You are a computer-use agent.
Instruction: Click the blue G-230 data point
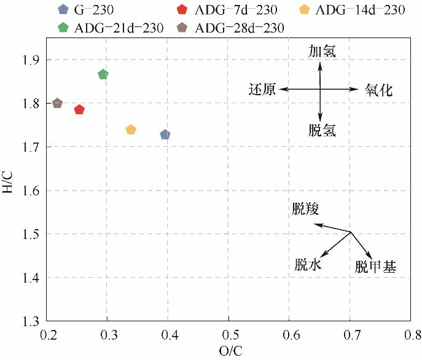coord(165,135)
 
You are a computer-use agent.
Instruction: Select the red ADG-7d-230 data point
coord(79,109)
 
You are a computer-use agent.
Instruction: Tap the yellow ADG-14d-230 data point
coord(131,130)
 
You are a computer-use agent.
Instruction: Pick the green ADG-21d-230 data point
coord(103,74)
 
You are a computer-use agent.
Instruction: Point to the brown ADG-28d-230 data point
coord(57,103)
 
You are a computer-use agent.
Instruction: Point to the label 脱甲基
coord(375,267)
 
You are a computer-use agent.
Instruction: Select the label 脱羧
coord(305,209)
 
